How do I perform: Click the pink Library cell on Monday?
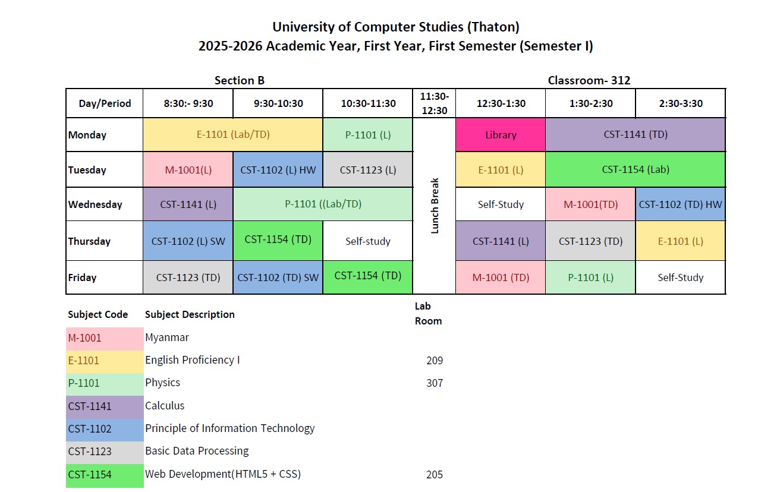point(501,135)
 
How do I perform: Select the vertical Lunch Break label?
point(435,206)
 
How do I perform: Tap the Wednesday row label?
point(95,204)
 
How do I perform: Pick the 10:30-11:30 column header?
point(368,103)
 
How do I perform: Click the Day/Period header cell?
point(104,103)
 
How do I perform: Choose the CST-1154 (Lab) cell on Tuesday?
point(635,169)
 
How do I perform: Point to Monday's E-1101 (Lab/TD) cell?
point(233,134)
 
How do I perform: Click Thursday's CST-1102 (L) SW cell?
point(188,241)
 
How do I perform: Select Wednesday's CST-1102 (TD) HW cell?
point(680,204)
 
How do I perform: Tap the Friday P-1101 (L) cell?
point(590,277)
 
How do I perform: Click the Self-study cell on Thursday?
point(368,241)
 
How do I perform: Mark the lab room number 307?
point(435,383)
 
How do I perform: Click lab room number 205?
point(435,475)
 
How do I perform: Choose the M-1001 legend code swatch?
point(105,338)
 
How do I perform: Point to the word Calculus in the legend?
point(165,406)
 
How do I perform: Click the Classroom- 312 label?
point(589,80)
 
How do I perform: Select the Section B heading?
point(239,80)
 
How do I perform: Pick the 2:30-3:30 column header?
point(680,103)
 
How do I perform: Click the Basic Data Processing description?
point(197,451)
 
